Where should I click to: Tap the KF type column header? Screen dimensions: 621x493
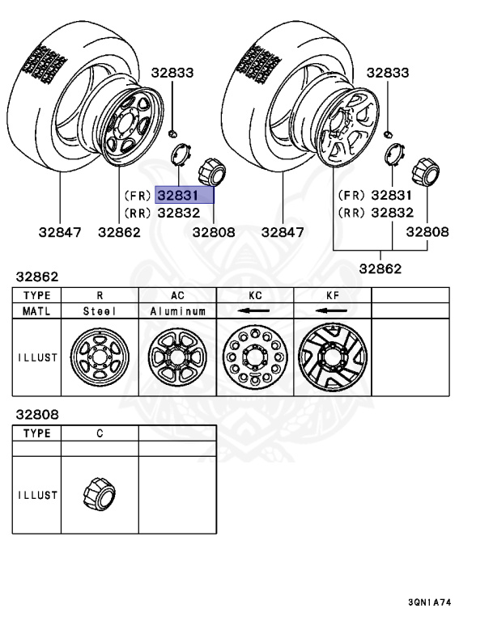click(332, 296)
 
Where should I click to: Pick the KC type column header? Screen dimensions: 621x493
click(254, 296)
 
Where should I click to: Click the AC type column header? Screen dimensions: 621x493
click(177, 296)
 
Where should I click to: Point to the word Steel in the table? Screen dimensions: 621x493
click(100, 310)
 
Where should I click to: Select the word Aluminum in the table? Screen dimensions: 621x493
click(177, 310)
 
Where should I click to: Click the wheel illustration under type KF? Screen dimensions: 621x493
click(332, 357)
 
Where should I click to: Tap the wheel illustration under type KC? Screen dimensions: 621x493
click(254, 357)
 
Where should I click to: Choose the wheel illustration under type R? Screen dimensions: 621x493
click(100, 357)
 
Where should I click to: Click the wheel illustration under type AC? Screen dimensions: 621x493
click(177, 357)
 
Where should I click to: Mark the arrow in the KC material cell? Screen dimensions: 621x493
click(254, 310)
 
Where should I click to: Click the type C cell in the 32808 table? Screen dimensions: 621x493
click(100, 433)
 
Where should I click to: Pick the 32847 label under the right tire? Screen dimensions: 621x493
click(282, 232)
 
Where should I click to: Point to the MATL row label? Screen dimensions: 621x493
click(37, 310)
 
